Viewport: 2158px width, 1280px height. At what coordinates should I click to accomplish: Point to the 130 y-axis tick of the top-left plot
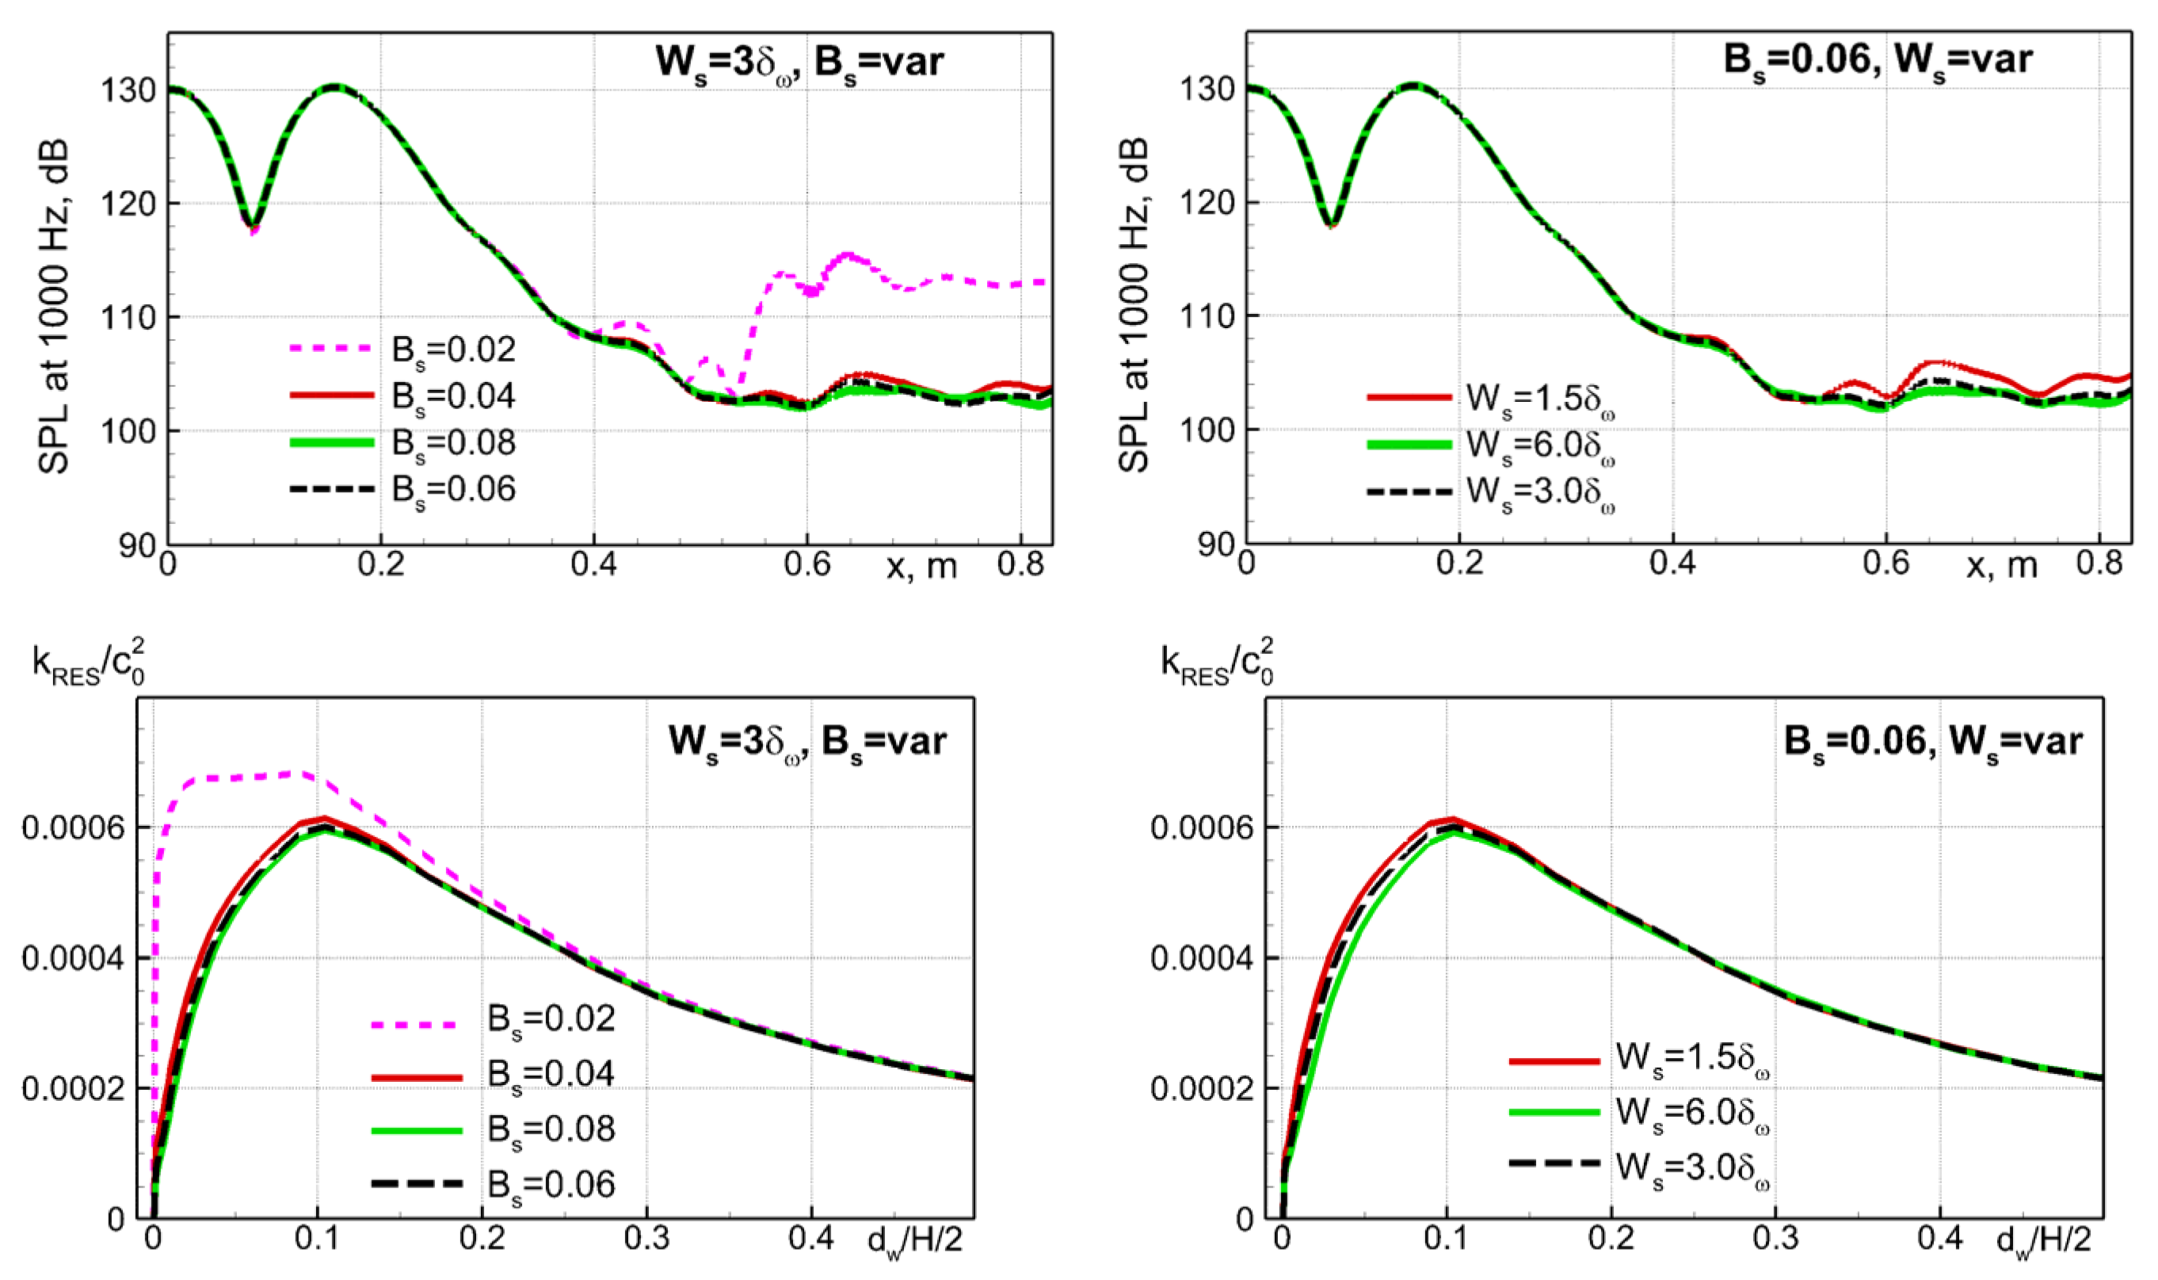pyautogui.click(x=129, y=90)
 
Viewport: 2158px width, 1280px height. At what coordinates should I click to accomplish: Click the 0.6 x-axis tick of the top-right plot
pyautogui.click(x=1885, y=564)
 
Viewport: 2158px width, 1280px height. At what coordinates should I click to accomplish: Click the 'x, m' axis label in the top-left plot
pyautogui.click(x=921, y=567)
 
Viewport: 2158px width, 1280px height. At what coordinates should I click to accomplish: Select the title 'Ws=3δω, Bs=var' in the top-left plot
pyautogui.click(x=799, y=62)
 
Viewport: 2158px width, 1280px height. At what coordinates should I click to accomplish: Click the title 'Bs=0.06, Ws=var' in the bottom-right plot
pyautogui.click(x=1931, y=742)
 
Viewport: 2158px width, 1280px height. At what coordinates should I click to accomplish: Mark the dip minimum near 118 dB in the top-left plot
pyautogui.click(x=252, y=226)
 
